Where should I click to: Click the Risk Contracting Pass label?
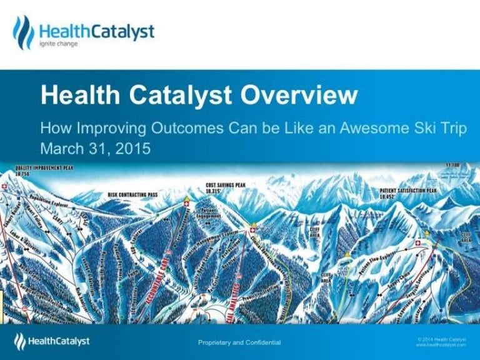tap(132, 195)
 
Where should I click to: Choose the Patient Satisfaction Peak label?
tap(407, 191)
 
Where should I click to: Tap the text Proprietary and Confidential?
tap(239, 342)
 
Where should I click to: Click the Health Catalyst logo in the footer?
tap(52, 341)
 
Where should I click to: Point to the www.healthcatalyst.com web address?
tap(441, 344)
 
